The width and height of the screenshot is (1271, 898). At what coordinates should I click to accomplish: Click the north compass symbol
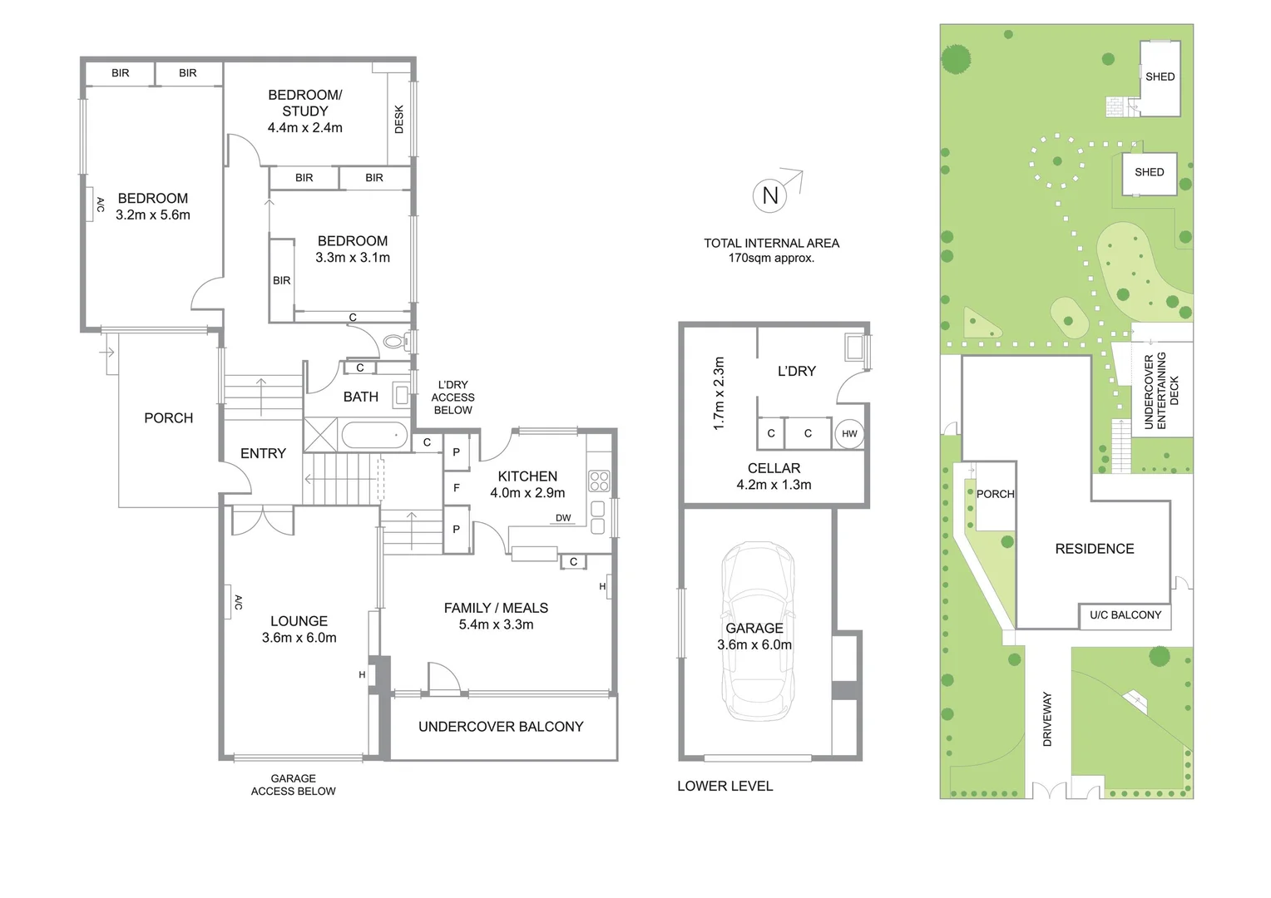[x=770, y=195]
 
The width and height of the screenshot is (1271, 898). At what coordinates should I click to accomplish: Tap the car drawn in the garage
[x=757, y=630]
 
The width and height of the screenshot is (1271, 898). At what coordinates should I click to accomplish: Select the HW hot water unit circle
[x=848, y=433]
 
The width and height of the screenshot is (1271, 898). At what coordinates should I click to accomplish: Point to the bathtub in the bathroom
[x=374, y=435]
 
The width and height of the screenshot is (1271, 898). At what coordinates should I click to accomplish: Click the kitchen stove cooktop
[x=599, y=481]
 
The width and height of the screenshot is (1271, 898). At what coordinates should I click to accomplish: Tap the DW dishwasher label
[x=563, y=518]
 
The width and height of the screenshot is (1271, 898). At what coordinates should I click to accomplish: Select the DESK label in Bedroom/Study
[x=399, y=118]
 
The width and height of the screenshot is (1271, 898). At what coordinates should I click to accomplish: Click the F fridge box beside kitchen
[x=457, y=488]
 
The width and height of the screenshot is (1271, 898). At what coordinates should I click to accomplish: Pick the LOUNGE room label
[x=299, y=621]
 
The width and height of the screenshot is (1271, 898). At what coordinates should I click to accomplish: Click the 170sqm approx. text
[x=771, y=258]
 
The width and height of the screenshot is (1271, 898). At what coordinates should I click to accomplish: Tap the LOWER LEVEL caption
[x=725, y=786]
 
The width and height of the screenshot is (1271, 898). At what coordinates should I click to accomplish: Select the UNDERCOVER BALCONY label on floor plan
[x=501, y=727]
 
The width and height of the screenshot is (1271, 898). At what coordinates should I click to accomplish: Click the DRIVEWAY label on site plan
[x=1047, y=718]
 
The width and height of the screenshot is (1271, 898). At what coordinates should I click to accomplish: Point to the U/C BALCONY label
[x=1125, y=615]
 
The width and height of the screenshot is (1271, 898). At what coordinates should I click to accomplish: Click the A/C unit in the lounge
[x=228, y=602]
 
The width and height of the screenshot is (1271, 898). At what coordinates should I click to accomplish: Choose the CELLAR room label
[x=774, y=468]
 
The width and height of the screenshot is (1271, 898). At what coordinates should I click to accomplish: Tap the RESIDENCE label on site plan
[x=1094, y=549]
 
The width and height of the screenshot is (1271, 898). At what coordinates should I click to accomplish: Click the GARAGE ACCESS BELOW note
[x=293, y=785]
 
